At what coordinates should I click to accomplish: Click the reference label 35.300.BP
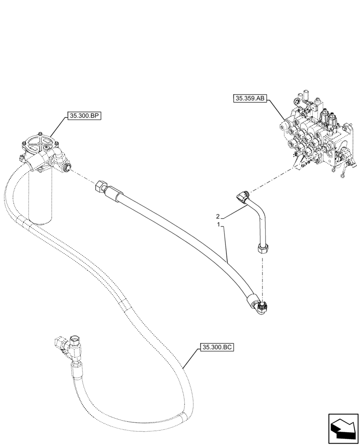[x=84, y=116]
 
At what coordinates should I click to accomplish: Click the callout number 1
[x=218, y=225]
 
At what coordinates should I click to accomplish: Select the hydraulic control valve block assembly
[x=316, y=136]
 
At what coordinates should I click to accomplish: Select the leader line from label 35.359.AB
[x=276, y=110]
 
